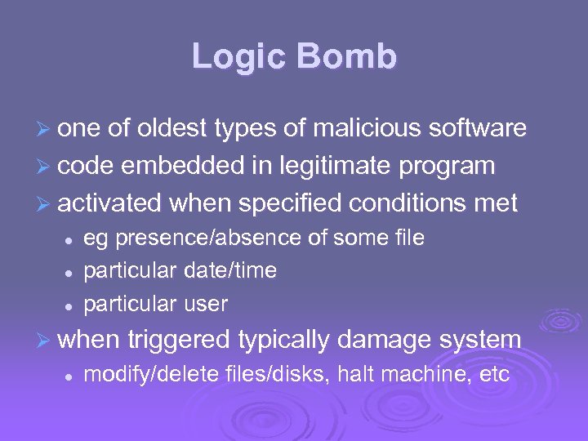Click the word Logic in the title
[239, 56]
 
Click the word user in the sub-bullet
[206, 304]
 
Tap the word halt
[357, 375]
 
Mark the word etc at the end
[494, 375]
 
